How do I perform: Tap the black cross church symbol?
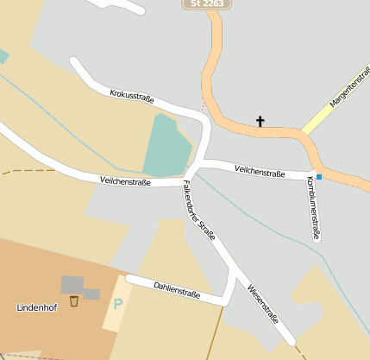point(260,121)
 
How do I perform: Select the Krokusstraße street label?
point(132,95)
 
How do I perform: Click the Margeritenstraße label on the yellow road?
point(349,93)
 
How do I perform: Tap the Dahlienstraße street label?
point(177,289)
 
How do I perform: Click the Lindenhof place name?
point(37,307)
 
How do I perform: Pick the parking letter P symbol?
point(117,304)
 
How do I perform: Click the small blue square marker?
point(318,177)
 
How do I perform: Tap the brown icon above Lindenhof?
point(74,301)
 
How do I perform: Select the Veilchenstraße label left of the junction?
point(125,182)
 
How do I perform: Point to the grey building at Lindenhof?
point(72,285)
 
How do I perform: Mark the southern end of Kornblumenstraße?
point(317,239)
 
